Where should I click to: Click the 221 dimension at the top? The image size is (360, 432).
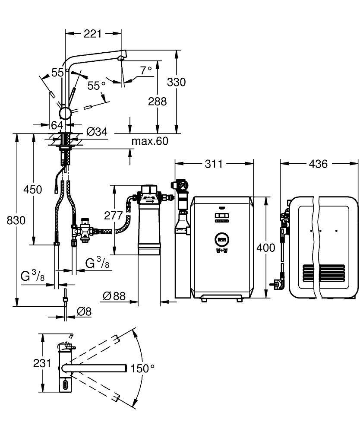(x=93, y=33)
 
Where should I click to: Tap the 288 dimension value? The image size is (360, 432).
(x=158, y=101)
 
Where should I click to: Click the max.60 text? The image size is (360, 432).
(x=150, y=141)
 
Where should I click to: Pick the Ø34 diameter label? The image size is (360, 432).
(x=96, y=132)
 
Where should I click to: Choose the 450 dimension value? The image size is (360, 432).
(x=33, y=189)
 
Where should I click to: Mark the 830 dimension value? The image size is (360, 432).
(x=16, y=220)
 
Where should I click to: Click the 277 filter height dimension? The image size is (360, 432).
(x=114, y=215)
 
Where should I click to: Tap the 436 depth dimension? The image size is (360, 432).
(x=319, y=164)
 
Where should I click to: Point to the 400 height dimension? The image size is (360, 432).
(x=265, y=248)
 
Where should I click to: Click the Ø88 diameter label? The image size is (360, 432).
(x=114, y=295)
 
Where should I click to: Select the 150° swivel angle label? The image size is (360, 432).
(x=142, y=368)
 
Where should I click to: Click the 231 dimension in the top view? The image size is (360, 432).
(x=42, y=363)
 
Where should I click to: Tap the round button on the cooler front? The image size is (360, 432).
(x=222, y=238)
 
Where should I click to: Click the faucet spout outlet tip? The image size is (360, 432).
(x=121, y=58)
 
